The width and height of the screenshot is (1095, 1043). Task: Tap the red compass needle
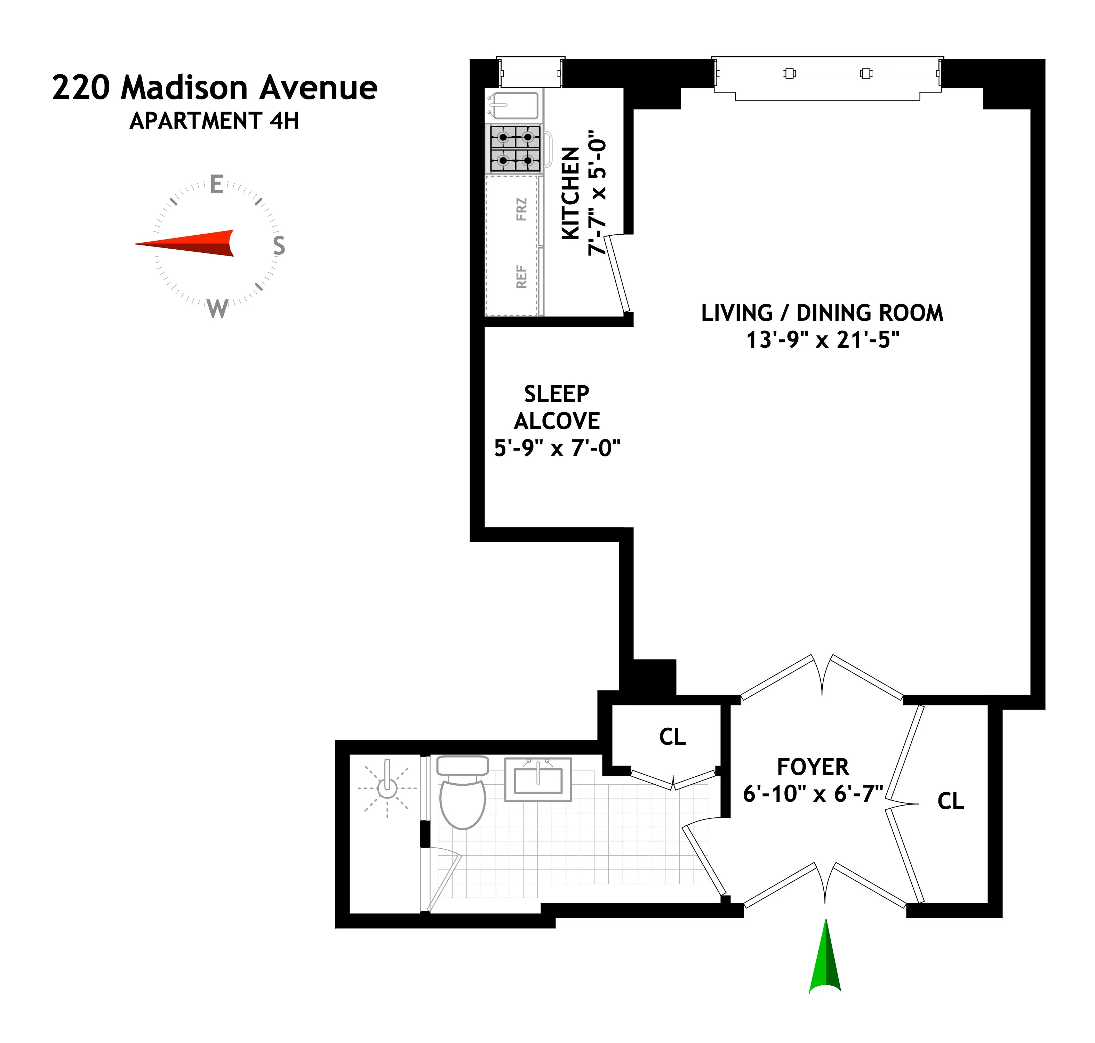coord(189,243)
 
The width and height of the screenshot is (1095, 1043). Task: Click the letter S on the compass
coord(279,245)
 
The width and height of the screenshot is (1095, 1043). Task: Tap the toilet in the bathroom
coord(462,794)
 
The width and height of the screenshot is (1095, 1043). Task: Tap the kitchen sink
coord(513,106)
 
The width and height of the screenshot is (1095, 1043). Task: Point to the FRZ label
coord(521,210)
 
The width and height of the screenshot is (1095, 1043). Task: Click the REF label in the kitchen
coord(521,276)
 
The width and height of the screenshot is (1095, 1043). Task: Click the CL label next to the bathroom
coord(672,737)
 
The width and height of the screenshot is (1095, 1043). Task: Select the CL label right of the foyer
coord(950,801)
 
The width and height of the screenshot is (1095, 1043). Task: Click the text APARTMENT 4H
coord(214,121)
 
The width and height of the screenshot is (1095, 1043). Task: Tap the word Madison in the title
coord(184,88)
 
